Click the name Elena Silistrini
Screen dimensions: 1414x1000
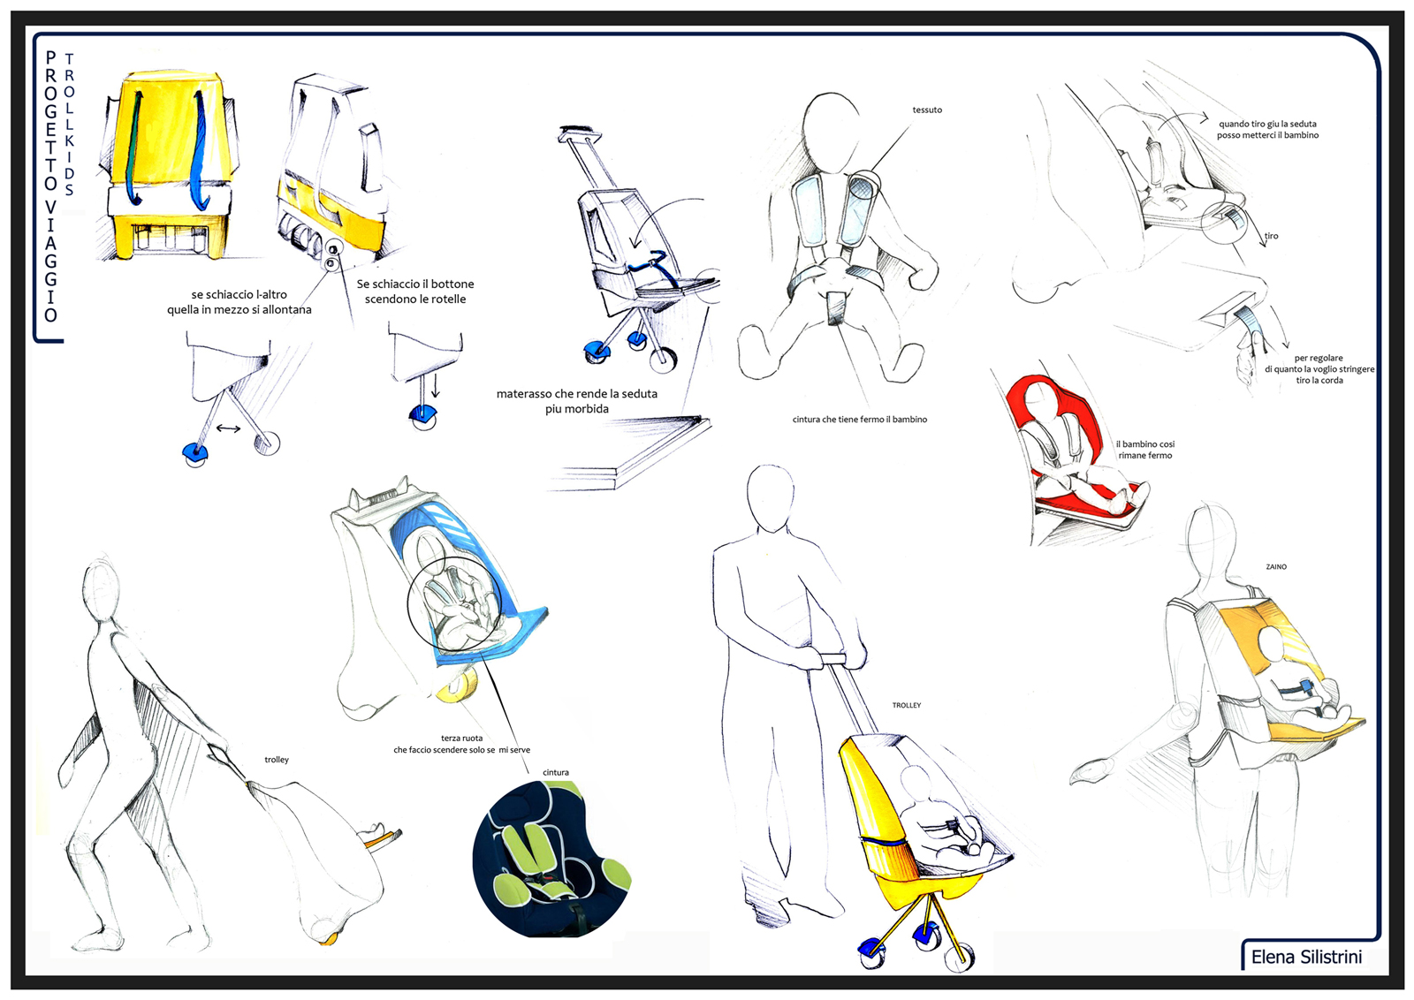(x=1306, y=957)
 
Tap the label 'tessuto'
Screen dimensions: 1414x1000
(x=927, y=110)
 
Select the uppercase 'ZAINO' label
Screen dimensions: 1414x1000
(x=1276, y=566)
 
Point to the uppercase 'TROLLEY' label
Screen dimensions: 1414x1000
(x=907, y=705)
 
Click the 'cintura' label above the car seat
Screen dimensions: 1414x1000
(x=556, y=772)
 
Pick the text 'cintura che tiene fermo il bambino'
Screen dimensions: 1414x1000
(x=860, y=419)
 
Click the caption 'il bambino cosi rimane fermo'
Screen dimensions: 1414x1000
(x=1145, y=450)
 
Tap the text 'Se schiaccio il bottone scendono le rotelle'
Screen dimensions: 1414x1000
(x=414, y=292)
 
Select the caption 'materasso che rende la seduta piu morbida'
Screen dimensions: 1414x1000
(x=576, y=401)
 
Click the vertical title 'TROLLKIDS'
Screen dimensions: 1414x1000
(x=70, y=125)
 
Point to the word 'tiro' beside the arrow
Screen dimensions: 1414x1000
(x=1271, y=236)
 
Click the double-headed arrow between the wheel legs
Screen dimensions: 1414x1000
(x=228, y=428)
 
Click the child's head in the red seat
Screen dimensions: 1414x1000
(x=1038, y=397)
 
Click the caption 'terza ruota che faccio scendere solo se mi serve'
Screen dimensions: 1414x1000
(x=461, y=744)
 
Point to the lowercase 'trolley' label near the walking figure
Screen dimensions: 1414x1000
(x=277, y=760)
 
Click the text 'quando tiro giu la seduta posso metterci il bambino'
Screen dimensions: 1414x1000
(x=1267, y=129)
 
